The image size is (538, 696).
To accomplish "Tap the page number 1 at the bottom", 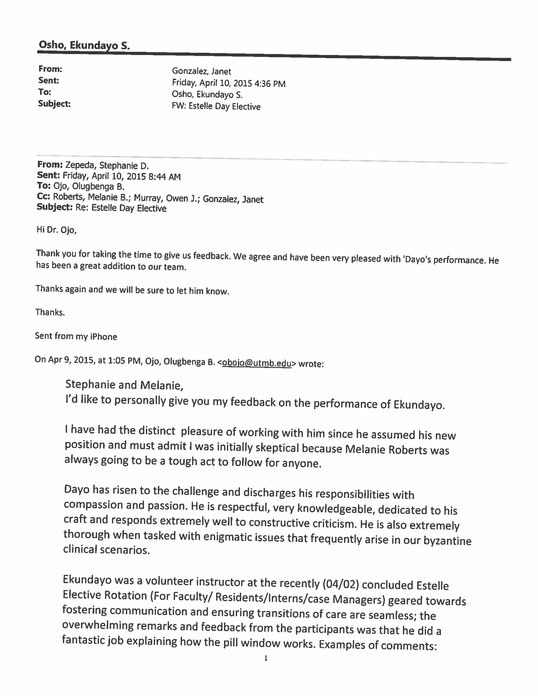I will pos(266,658).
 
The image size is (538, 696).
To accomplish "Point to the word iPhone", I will pos(104,337).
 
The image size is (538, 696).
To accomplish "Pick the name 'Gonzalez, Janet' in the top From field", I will pos(201,71).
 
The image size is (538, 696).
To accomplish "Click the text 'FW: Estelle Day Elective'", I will pos(216,106).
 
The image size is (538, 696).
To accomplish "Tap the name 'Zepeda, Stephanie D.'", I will pos(107,165).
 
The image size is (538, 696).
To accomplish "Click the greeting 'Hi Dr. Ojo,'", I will pos(57,230).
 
